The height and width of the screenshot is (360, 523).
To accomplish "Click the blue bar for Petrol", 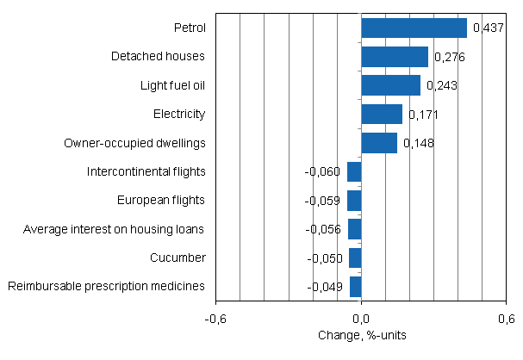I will [414, 28].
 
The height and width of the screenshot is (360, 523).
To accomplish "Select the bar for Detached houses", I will [395, 57].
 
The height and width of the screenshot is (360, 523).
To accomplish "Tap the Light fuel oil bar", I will [390, 85].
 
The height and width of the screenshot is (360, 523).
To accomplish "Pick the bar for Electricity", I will [382, 114].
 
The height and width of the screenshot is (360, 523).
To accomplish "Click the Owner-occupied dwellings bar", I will [379, 142].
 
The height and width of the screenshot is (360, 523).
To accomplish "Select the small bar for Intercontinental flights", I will [354, 171].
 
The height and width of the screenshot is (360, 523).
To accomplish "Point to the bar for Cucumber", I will [355, 258].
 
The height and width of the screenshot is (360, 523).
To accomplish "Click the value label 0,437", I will [488, 28].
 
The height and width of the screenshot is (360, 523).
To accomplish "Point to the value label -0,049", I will [325, 286].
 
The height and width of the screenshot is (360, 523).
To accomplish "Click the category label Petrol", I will [190, 28].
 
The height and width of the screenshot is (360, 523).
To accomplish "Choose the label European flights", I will [161, 200].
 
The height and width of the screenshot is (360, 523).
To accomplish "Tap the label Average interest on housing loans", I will [114, 229].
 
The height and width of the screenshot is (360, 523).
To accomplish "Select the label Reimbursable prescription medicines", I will [106, 286].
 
